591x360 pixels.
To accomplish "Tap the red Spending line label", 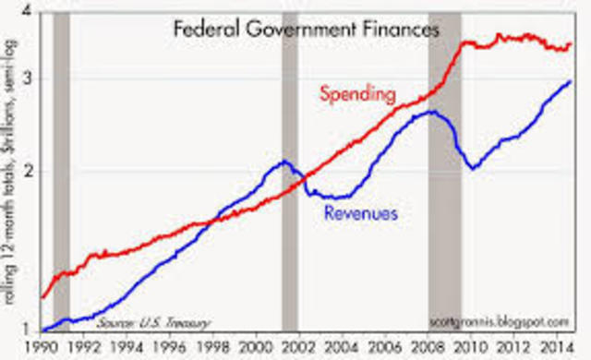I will tap(357, 94).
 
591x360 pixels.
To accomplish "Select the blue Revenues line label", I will tap(360, 214).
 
